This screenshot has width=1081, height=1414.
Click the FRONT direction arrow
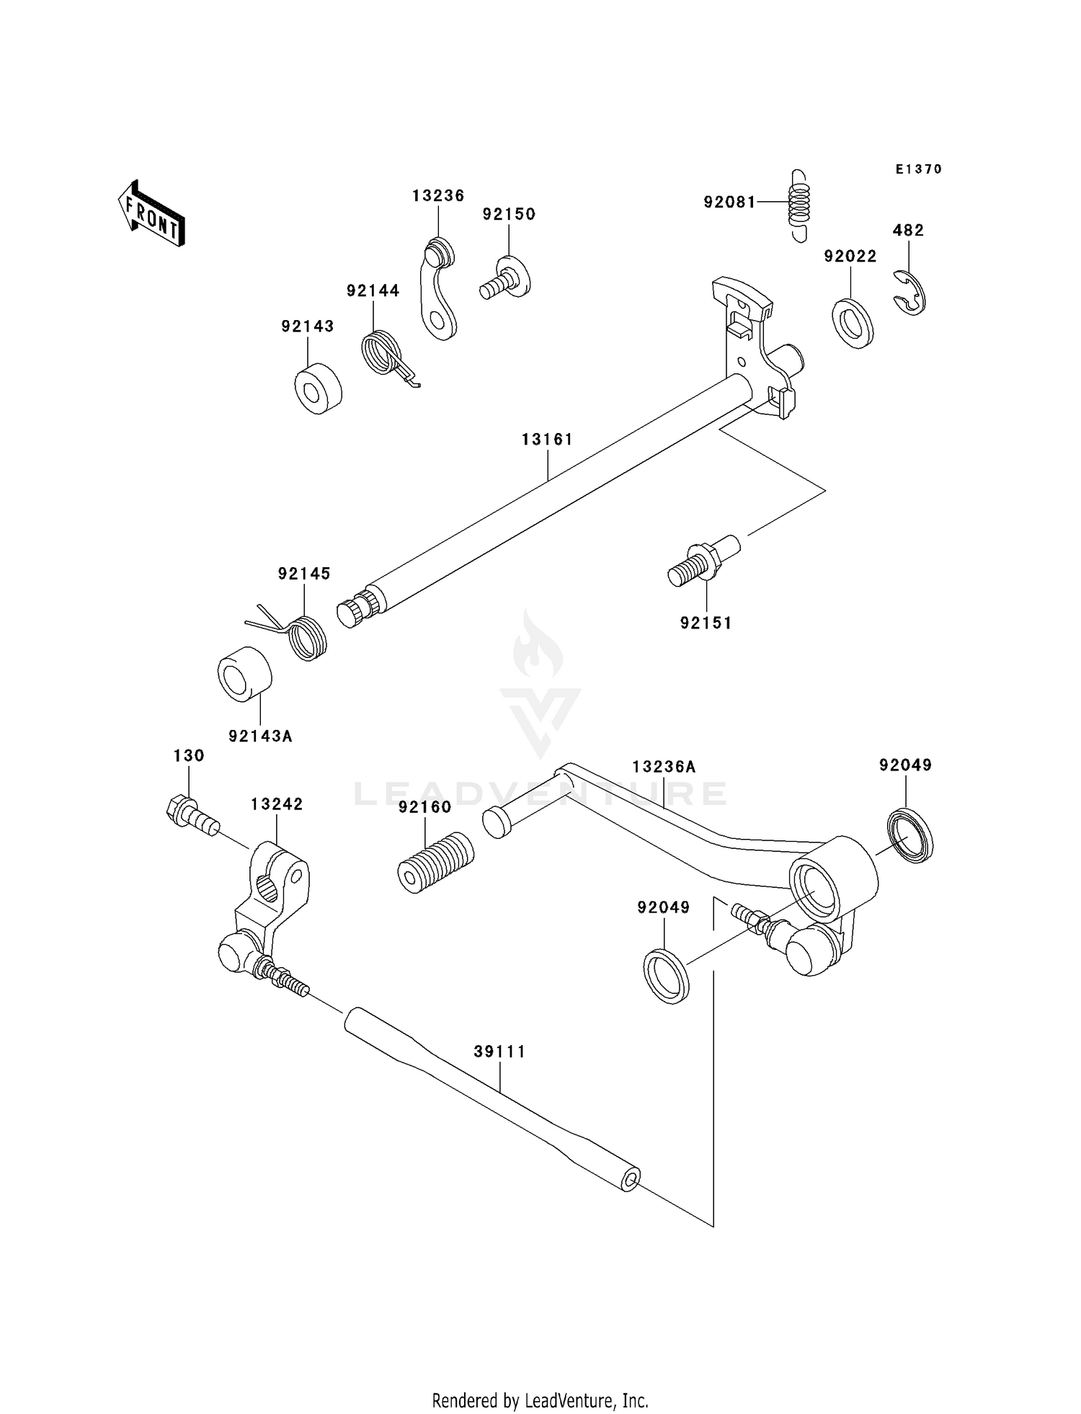click(151, 215)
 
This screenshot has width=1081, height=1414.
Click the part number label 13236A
click(664, 767)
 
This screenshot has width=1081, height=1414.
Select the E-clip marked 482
click(911, 293)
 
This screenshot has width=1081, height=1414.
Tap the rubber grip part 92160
click(435, 862)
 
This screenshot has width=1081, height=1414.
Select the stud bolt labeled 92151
click(703, 562)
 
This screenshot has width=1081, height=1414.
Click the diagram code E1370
click(918, 169)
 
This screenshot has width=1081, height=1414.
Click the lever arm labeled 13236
click(438, 291)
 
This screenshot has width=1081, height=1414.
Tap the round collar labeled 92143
click(318, 389)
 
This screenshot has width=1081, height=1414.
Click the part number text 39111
click(499, 1051)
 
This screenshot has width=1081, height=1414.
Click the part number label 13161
click(547, 439)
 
